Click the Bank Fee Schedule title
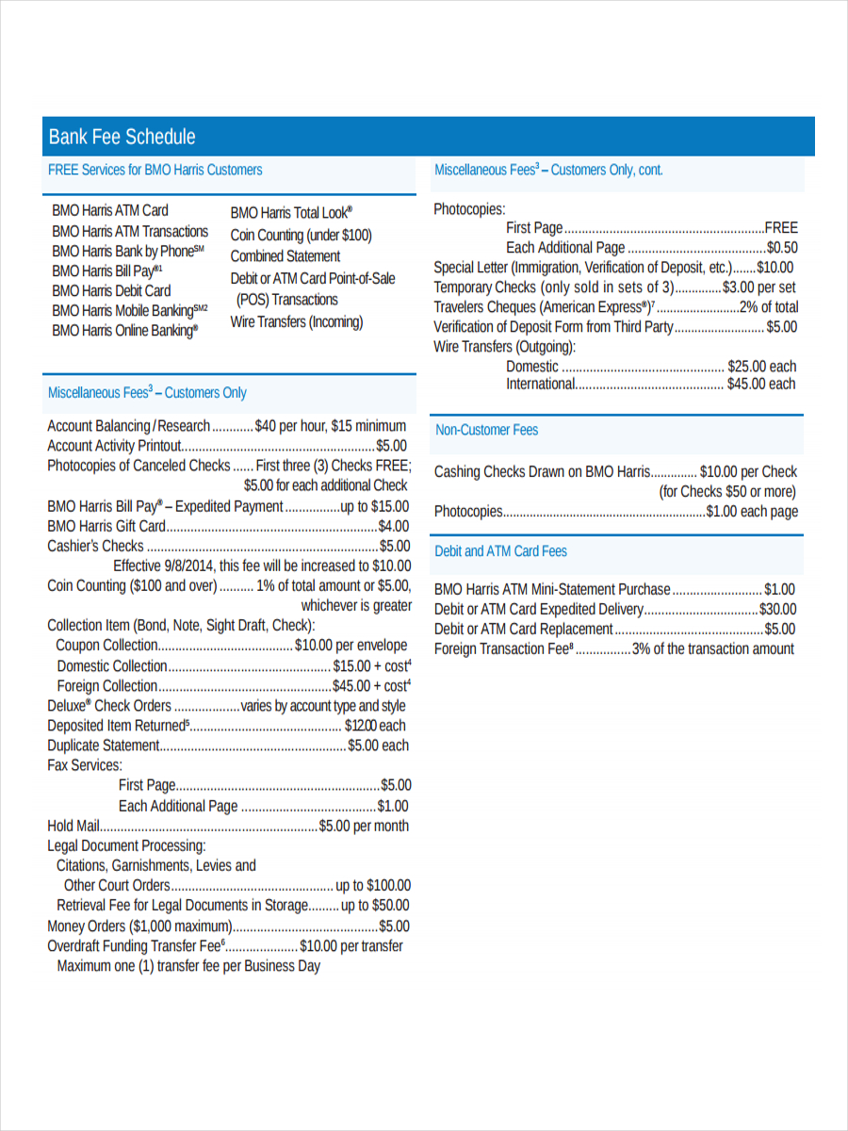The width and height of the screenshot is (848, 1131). (x=122, y=137)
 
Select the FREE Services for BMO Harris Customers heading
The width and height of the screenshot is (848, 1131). (x=155, y=171)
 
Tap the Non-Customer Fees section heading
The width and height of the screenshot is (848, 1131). (x=486, y=430)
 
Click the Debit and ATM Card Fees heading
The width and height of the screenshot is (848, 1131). (x=500, y=551)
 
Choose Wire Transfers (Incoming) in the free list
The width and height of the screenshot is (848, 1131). (x=297, y=322)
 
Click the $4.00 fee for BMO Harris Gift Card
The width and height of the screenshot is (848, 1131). (x=393, y=526)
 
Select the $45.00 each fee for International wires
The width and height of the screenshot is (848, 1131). (x=760, y=385)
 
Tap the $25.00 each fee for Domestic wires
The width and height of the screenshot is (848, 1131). (x=761, y=367)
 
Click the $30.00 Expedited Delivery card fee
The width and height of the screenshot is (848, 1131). (x=777, y=610)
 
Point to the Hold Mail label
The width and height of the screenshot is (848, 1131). (x=73, y=827)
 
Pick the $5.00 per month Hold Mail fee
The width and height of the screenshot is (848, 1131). (x=364, y=827)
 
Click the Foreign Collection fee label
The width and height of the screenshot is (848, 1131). (x=106, y=686)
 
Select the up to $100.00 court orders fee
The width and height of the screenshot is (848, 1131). (x=373, y=886)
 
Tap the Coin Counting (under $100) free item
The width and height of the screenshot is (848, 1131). (x=301, y=236)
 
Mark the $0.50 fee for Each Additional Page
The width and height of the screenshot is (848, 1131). (x=782, y=248)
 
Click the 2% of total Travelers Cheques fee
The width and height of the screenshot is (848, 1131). (x=768, y=307)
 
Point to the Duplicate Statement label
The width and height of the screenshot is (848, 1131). (x=104, y=746)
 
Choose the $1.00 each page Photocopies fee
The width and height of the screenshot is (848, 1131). (x=752, y=512)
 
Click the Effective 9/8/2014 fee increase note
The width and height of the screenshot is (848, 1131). (x=262, y=566)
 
